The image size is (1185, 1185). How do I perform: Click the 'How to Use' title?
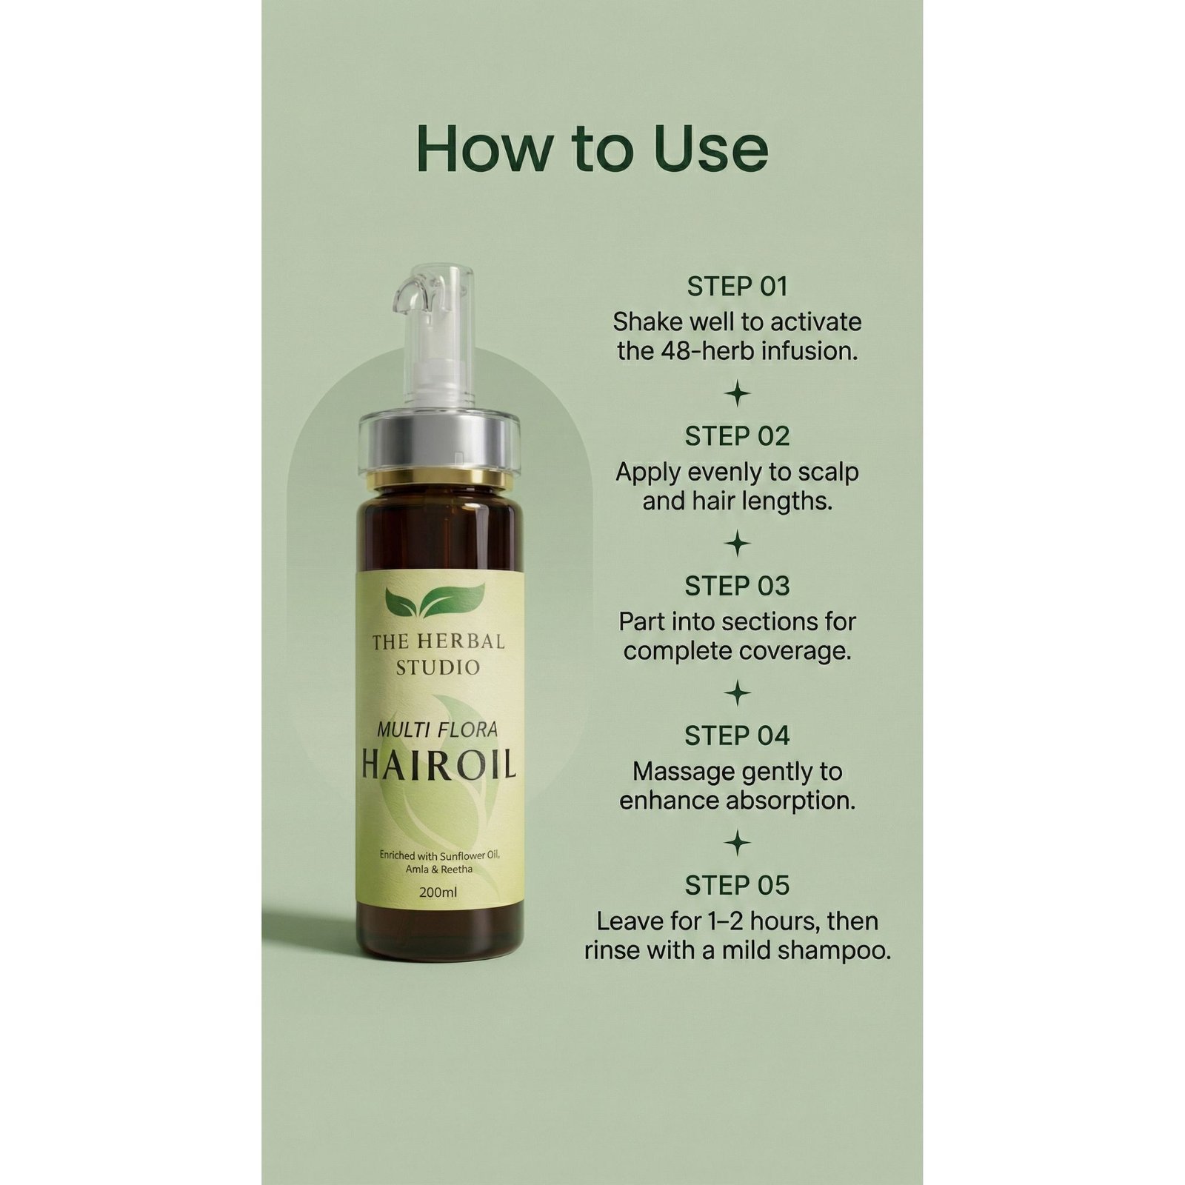[592, 148]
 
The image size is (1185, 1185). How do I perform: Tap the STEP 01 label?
[737, 287]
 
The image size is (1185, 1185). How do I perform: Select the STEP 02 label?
[737, 436]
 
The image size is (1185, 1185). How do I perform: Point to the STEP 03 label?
[737, 586]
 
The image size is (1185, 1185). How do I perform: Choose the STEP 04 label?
[737, 735]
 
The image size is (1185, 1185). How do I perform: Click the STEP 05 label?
[737, 885]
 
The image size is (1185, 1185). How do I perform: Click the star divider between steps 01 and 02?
[737, 393]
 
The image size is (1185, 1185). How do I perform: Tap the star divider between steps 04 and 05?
[737, 843]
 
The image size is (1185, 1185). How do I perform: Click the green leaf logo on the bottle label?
[435, 601]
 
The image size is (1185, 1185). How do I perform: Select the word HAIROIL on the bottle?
[438, 766]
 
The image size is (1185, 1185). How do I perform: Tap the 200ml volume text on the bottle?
[438, 892]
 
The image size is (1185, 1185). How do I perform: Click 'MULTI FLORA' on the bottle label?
[438, 730]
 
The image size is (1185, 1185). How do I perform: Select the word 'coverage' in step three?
[801, 651]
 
